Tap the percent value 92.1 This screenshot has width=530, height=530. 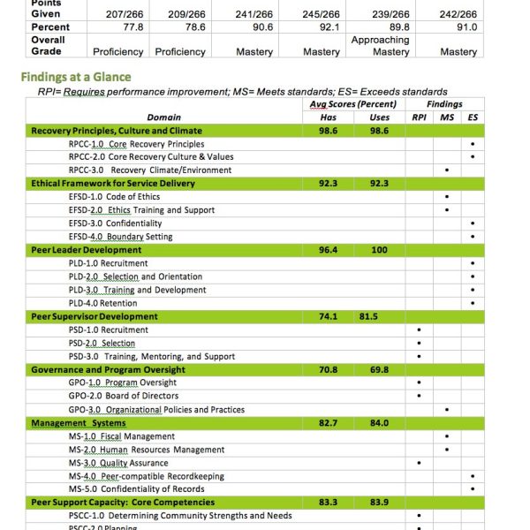[322, 27]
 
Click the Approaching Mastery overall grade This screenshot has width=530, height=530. [380, 46]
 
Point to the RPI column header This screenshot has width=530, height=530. [419, 117]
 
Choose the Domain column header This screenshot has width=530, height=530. [164, 117]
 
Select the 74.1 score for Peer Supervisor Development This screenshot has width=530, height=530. [328, 316]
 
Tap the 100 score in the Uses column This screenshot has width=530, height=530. [380, 250]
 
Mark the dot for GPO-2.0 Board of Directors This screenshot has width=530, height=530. [419, 397]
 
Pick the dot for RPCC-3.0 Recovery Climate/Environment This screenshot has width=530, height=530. [447, 170]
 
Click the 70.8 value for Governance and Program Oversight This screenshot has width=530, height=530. [328, 369]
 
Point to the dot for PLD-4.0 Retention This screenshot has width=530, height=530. [473, 303]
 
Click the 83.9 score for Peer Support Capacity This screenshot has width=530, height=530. [380, 503]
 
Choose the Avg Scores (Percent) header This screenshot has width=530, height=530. [352, 104]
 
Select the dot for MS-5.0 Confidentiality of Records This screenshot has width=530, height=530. [473, 489]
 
